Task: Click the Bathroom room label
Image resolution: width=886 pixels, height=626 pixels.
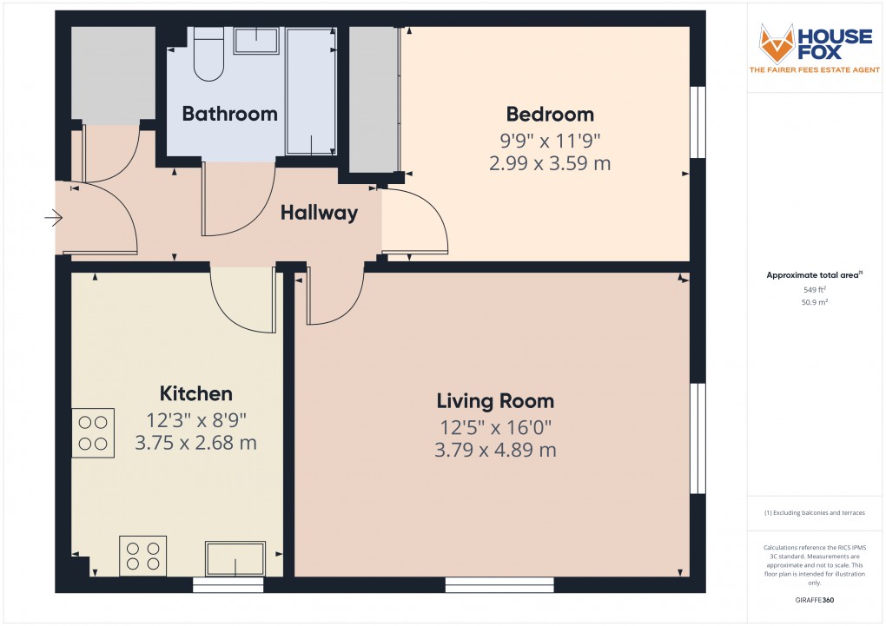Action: pyautogui.click(x=229, y=114)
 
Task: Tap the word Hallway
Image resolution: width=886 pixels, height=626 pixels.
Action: pyautogui.click(x=319, y=213)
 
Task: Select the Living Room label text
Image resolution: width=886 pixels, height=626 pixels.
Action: pyautogui.click(x=495, y=401)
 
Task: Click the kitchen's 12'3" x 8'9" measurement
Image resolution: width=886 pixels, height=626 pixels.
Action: pyautogui.click(x=195, y=419)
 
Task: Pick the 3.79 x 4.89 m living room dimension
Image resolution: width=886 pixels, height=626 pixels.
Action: pyautogui.click(x=495, y=450)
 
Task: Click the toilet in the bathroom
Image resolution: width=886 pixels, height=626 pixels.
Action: pyautogui.click(x=208, y=54)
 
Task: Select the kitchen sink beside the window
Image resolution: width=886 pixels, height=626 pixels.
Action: pyautogui.click(x=235, y=558)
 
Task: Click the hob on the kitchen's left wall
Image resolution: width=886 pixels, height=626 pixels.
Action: pyautogui.click(x=93, y=432)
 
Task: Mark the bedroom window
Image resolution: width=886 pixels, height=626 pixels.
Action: pyautogui.click(x=698, y=122)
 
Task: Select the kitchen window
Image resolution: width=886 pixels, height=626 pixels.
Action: pyautogui.click(x=228, y=586)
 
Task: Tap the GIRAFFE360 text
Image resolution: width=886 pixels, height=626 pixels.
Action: pyautogui.click(x=814, y=600)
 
